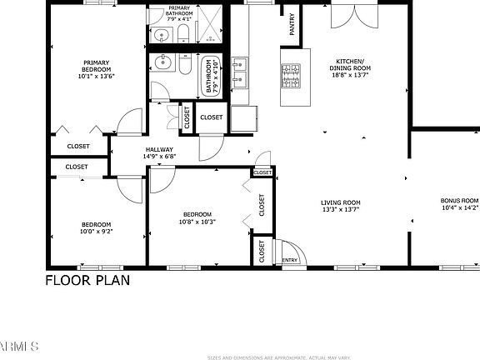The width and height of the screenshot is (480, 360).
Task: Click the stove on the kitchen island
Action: click(x=291, y=77)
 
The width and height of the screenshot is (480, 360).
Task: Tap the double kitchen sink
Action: click(x=240, y=72)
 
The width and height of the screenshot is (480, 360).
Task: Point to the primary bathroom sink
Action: click(x=161, y=35)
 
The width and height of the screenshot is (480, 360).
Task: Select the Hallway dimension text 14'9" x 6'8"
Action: click(x=159, y=156)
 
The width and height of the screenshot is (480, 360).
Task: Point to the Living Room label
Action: click(x=341, y=202)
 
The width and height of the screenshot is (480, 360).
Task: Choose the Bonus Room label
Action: click(x=459, y=201)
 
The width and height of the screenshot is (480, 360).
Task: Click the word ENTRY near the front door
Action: click(x=289, y=260)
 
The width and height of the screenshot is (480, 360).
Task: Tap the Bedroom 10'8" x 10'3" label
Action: click(x=197, y=214)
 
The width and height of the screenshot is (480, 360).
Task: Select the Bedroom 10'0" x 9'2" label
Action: click(x=96, y=224)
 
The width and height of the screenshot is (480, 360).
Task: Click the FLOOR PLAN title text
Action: click(x=87, y=280)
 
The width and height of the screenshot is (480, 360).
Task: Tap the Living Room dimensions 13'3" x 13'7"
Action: click(x=341, y=210)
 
